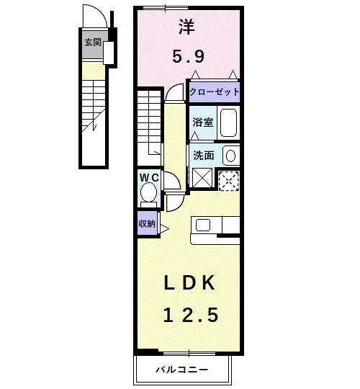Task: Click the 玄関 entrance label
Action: coord(93,43)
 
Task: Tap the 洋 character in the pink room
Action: coord(187,27)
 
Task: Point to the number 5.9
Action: coord(189,57)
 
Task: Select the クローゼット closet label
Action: coord(215,92)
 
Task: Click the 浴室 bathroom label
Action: coord(203,122)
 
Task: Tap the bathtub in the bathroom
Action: coord(228,122)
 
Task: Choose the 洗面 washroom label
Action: coord(203,156)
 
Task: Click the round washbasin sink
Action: coord(231,156)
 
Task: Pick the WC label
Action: coord(149,178)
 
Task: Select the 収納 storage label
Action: coord(147,224)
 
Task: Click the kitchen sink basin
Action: coord(203,225)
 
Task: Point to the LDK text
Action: coord(189,283)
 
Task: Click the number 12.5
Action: coord(191,315)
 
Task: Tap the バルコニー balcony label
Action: coord(181,370)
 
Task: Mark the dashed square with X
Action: coord(229,181)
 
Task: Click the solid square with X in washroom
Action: coord(202,178)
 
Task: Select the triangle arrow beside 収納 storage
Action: coord(164,229)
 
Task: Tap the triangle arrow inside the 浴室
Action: coord(195,135)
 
